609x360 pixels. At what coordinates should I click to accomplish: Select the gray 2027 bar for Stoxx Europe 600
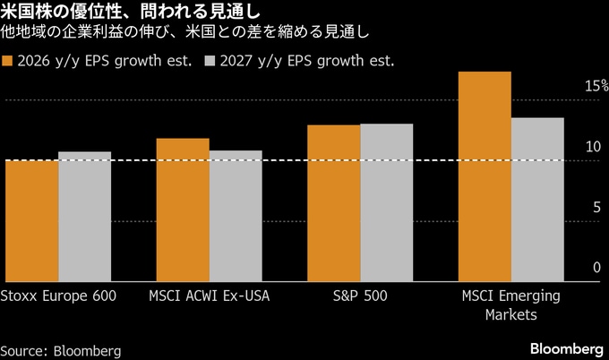tap(84, 217)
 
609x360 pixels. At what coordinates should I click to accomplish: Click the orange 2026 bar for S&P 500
tap(333, 203)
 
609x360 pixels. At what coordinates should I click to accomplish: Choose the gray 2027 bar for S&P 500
tap(387, 202)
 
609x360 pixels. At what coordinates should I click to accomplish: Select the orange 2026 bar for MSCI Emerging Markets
tap(485, 176)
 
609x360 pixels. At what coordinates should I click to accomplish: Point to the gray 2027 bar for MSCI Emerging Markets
tap(537, 199)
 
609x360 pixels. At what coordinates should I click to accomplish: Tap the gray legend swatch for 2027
tap(210, 62)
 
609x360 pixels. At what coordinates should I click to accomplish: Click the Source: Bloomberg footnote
tap(61, 349)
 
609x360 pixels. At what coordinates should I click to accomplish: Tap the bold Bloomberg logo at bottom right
tap(566, 347)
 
